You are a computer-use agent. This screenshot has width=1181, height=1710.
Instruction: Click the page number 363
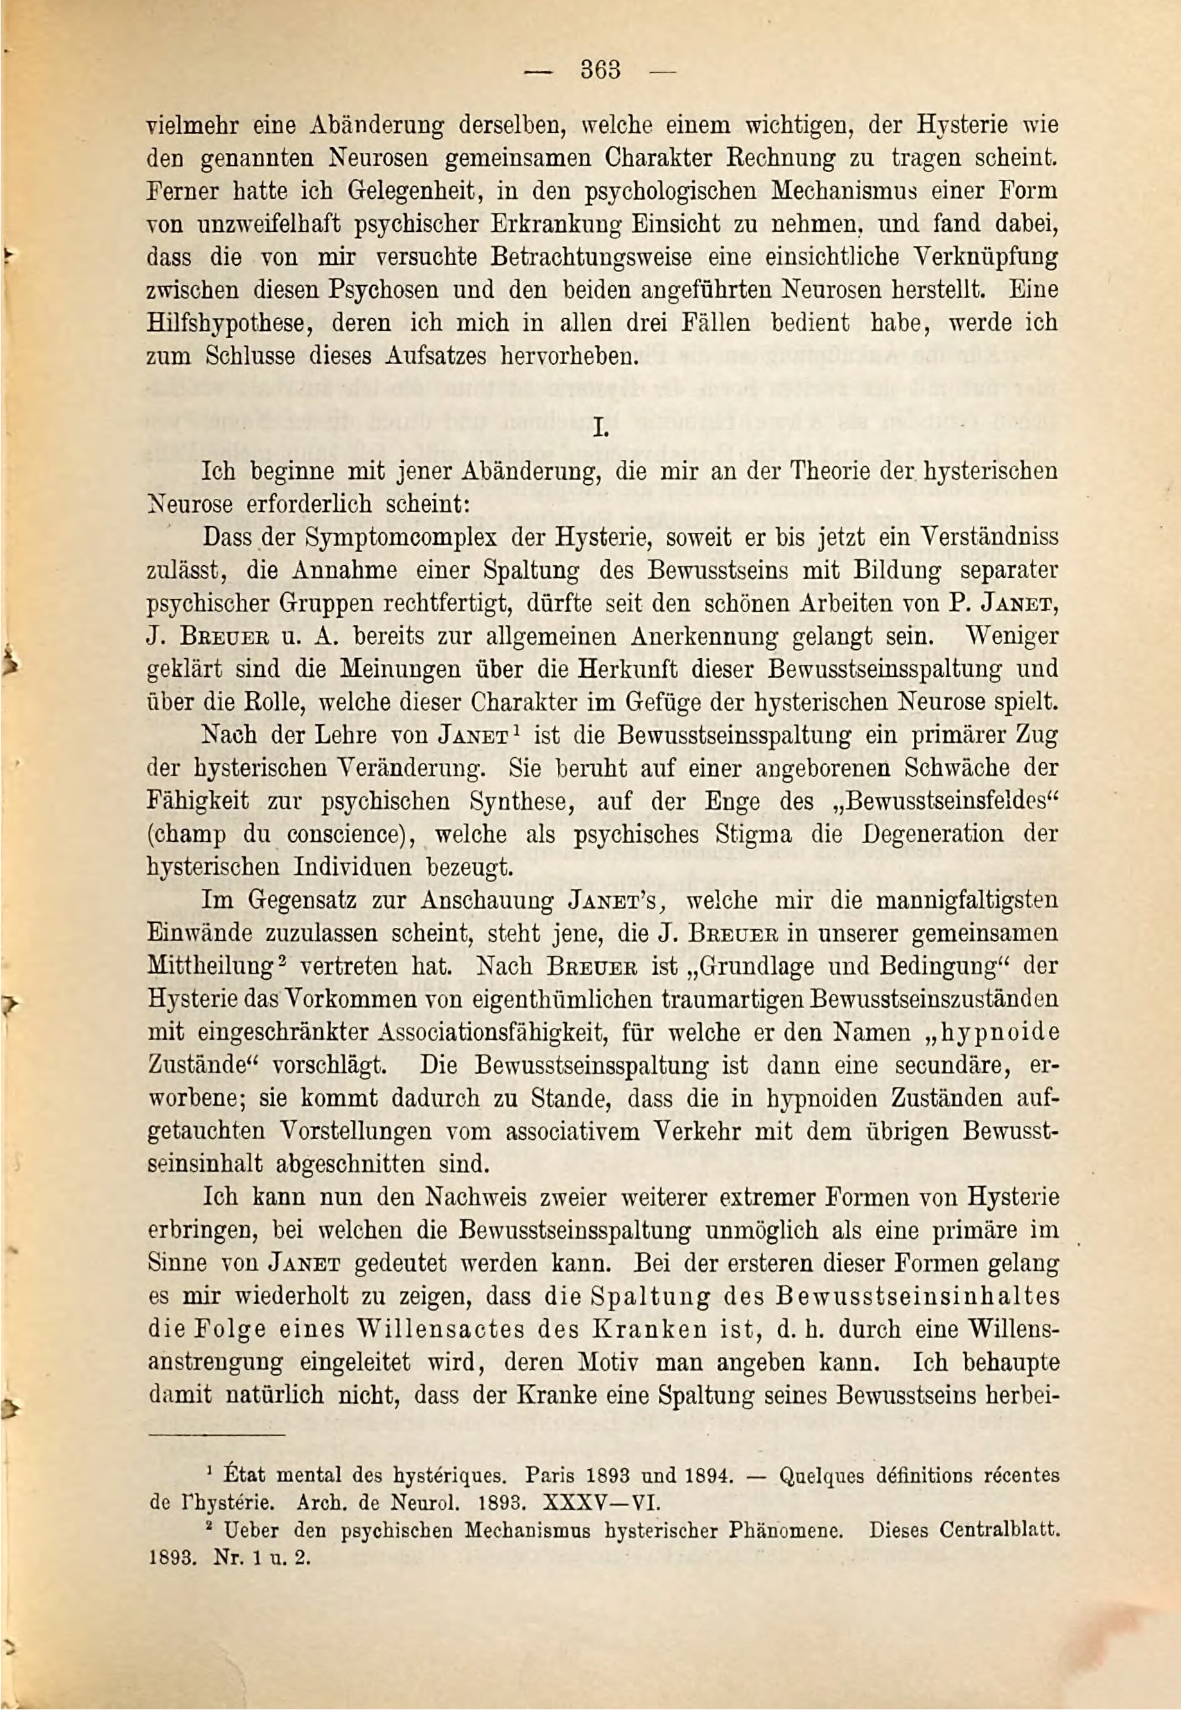600,72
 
